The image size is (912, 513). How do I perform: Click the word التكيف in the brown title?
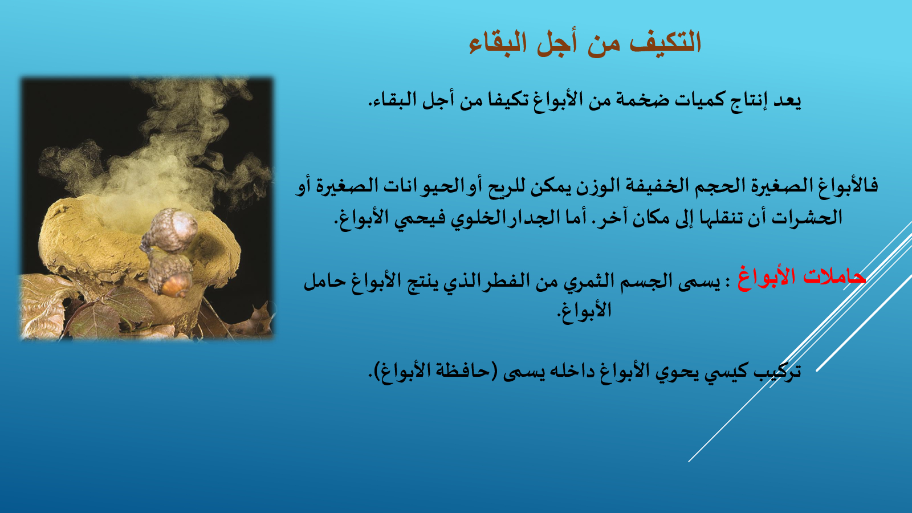pyautogui.click(x=665, y=42)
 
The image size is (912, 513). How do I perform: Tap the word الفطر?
pyautogui.click(x=510, y=280)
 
